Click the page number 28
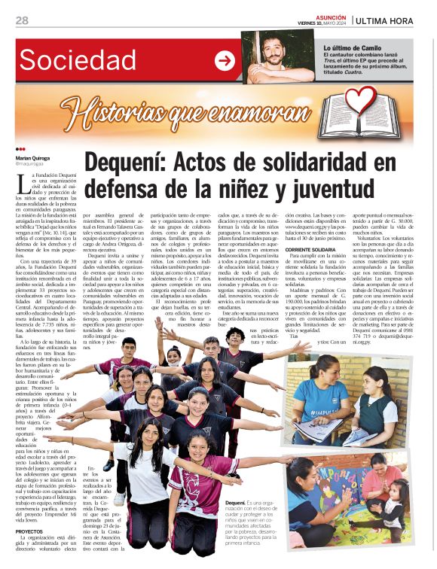[22, 20]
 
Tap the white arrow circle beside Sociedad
[225, 61]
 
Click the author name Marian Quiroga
[34, 159]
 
